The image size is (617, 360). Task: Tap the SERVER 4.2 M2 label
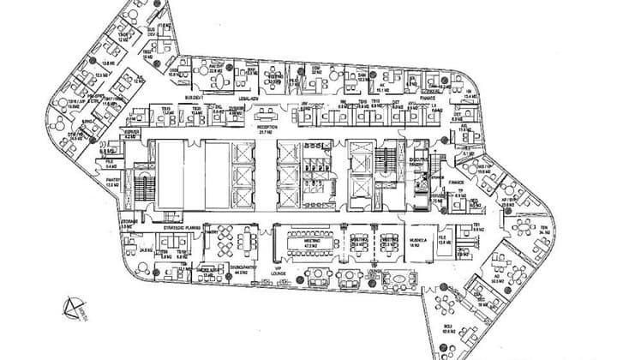pos(131,135)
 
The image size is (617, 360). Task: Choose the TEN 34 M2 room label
pos(543,229)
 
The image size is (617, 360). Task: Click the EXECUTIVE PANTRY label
pos(418,162)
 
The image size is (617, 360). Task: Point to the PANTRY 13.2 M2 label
pos(111,183)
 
